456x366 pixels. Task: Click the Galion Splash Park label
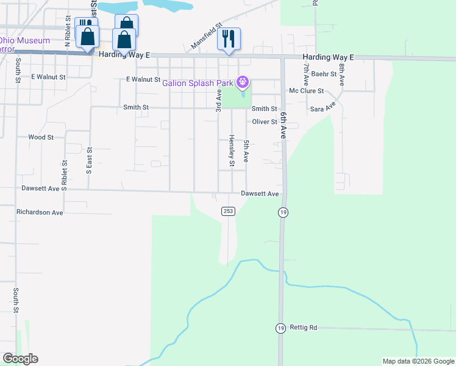(198, 83)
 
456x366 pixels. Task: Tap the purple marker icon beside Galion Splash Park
(243, 81)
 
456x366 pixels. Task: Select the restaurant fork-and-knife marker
(229, 39)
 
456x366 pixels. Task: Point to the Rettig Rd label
(304, 328)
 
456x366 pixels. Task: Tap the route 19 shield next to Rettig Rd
(280, 328)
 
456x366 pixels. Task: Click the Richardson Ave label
(40, 213)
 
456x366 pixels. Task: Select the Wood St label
(41, 138)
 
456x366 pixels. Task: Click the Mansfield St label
(206, 37)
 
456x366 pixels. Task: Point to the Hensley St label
(232, 150)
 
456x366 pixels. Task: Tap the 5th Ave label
(246, 151)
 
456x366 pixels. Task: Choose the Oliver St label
(265, 122)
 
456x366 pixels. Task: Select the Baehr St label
(324, 74)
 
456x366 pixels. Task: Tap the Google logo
(20, 359)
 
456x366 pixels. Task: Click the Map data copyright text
(418, 361)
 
